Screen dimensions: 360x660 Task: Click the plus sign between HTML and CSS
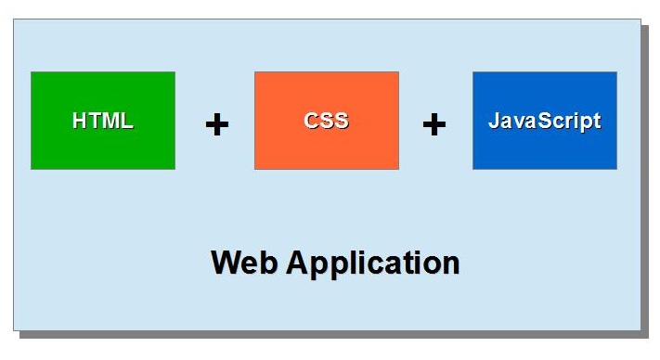pos(216,124)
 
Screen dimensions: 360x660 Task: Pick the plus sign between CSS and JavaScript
pos(434,124)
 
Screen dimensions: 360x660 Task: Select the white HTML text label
pos(103,121)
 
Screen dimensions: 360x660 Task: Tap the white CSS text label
pos(327,121)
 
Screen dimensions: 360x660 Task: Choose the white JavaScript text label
pos(545,121)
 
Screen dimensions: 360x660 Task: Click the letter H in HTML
pos(80,121)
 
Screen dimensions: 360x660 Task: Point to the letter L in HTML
pos(127,121)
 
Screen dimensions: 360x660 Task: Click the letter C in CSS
pos(311,121)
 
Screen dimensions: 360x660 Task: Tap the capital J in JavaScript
pos(494,121)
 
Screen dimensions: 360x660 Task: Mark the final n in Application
pos(450,264)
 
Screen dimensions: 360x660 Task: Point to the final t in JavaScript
pos(596,122)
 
